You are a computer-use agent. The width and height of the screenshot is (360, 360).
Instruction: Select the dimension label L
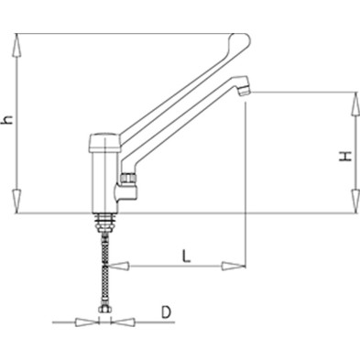(186, 256)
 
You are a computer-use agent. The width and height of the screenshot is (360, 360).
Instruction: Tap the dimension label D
(166, 312)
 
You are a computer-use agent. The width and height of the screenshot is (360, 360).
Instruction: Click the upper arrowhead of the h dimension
(17, 45)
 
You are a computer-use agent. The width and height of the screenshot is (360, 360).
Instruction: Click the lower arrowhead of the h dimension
(17, 202)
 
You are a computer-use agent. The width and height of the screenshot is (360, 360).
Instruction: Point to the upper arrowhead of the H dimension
(355, 104)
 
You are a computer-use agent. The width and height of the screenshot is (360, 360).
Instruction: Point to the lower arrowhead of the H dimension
(355, 202)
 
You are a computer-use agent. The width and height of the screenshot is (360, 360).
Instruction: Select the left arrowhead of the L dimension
(119, 266)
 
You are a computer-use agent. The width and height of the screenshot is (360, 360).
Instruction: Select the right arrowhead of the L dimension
(234, 266)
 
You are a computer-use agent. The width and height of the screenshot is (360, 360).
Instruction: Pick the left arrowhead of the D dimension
(87, 322)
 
